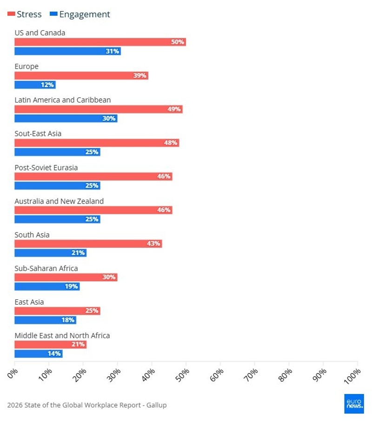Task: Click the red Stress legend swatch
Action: [11, 14]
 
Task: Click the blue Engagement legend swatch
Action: [53, 14]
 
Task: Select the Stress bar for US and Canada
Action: [100, 42]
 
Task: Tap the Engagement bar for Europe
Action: [35, 85]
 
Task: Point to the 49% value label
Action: [174, 109]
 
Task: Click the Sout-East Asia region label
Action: [38, 134]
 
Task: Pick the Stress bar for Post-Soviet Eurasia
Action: [93, 177]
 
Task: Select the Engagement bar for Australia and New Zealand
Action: [57, 219]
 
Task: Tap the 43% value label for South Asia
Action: [153, 244]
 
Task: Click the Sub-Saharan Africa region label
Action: [46, 268]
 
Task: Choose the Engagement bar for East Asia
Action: [45, 320]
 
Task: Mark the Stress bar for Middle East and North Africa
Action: [50, 345]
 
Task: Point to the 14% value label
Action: [54, 354]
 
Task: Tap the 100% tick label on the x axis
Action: [352, 374]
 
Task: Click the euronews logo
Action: [354, 404]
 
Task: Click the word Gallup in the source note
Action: [156, 405]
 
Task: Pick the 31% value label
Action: [113, 51]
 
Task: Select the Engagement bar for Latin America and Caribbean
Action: [66, 118]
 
